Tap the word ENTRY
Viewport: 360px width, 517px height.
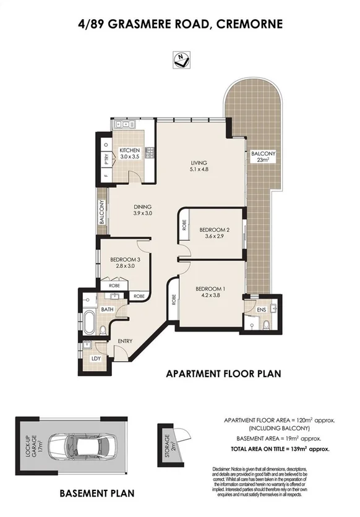coord(126,341)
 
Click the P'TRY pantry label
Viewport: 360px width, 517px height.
coord(106,158)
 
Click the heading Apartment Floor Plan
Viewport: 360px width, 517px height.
coord(223,374)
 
